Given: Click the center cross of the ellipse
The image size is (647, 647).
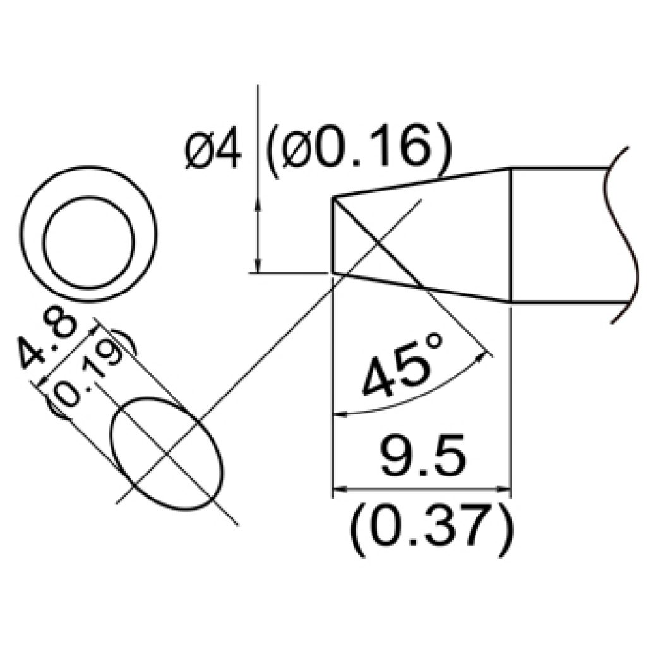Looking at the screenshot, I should coord(167,454).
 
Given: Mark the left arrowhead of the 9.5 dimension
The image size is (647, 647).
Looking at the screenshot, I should coord(337,489).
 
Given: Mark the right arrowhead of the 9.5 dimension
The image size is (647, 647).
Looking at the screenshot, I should coord(505,489).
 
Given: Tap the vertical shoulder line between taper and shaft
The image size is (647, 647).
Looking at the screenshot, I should coord(509,234).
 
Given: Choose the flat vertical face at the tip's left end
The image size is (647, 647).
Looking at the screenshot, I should coord(332,235).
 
